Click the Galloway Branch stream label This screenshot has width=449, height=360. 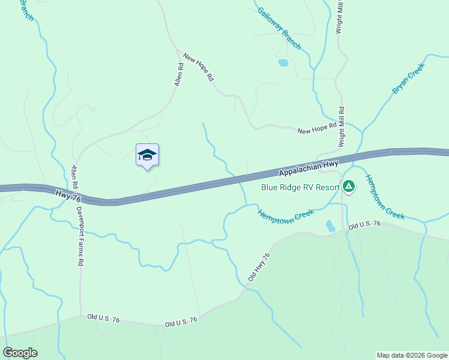[279, 28]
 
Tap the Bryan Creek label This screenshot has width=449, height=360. [408, 78]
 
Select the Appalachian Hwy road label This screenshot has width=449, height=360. [309, 167]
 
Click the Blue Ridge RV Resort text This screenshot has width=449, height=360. [300, 187]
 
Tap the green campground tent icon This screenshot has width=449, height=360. [349, 187]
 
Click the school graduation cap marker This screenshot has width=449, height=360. [147, 155]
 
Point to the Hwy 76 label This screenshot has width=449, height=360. [67, 194]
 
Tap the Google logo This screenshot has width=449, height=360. [20, 353]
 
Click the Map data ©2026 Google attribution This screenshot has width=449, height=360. [411, 355]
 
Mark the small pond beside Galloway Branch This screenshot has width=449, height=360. [283, 62]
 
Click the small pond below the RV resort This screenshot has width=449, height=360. [330, 226]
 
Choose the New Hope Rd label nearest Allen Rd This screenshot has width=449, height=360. [199, 68]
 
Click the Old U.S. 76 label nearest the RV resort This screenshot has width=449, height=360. [364, 224]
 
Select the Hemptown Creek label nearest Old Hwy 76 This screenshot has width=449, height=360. [286, 215]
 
